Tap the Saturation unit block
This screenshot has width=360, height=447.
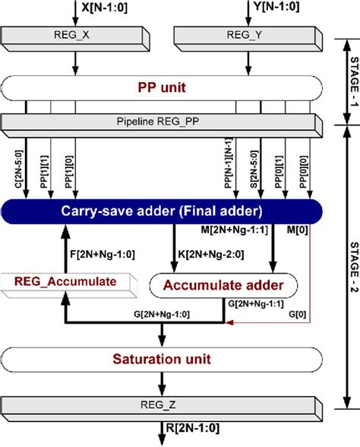tap(159, 358)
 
